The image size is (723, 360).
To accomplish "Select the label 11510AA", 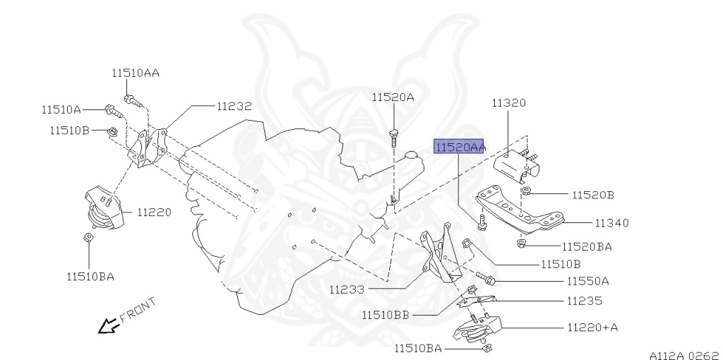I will click(x=135, y=72).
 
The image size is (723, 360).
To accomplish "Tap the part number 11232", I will click(x=234, y=107).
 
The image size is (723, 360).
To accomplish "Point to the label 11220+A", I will click(x=592, y=328).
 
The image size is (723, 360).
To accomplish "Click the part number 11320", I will click(x=508, y=103).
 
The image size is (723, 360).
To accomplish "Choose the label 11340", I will click(x=611, y=223).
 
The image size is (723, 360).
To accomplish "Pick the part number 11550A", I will click(x=587, y=281).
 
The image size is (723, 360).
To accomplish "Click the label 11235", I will click(x=584, y=301).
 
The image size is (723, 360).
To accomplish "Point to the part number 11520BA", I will click(x=587, y=246).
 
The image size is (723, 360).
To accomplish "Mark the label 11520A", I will click(x=393, y=97).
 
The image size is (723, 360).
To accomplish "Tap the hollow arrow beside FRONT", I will click(x=108, y=325).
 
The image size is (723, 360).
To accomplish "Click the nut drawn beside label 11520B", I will click(x=526, y=191).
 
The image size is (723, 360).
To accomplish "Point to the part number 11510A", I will click(x=61, y=109).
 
